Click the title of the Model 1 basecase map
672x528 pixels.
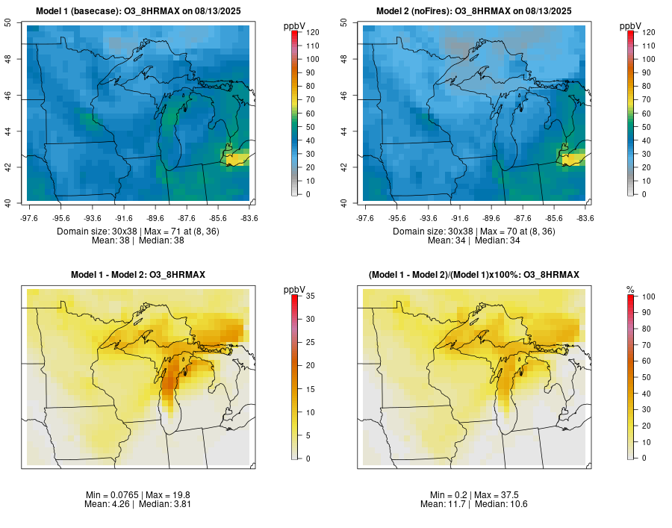(x=138, y=11)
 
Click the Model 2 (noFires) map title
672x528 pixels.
(x=473, y=11)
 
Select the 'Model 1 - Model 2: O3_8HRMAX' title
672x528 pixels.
(x=138, y=275)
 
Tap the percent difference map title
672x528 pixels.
(x=473, y=275)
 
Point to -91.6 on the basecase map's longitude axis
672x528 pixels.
(x=124, y=218)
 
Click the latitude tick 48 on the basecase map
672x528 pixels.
(x=7, y=59)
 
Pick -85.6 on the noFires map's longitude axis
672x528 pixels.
(x=555, y=218)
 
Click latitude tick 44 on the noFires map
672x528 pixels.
(x=343, y=131)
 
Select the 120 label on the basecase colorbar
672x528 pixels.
(x=312, y=32)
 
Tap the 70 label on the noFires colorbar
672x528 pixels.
(x=647, y=99)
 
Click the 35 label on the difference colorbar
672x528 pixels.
(x=311, y=296)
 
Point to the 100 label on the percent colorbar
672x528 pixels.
(x=648, y=296)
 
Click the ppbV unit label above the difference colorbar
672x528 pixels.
(x=294, y=290)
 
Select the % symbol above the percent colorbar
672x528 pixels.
(x=630, y=291)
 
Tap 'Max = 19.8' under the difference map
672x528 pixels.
(x=167, y=495)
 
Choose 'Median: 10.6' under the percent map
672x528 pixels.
(x=501, y=504)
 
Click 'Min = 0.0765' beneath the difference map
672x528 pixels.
(x=112, y=495)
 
